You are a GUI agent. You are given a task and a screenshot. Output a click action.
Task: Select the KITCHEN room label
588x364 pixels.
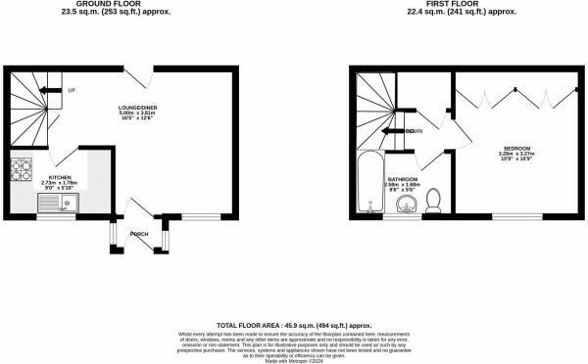click(47, 177)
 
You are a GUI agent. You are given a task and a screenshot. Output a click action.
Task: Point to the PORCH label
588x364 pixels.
click(139, 234)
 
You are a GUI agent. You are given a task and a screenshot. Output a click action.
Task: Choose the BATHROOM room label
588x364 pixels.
click(403, 179)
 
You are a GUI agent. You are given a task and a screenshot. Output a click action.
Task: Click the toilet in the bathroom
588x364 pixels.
click(437, 201)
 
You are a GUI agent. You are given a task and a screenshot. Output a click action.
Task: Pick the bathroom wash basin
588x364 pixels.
click(407, 205)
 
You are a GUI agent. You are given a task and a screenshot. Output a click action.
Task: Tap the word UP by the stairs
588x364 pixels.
click(72, 90)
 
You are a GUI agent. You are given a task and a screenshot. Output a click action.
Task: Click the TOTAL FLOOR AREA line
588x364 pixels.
click(294, 325)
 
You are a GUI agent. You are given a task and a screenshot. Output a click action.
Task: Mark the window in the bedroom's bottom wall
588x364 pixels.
click(514, 215)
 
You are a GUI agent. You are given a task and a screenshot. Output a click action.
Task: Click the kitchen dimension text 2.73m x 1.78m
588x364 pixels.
click(47, 183)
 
